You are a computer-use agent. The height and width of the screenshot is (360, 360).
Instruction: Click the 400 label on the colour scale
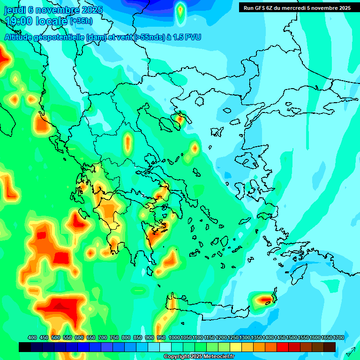tap(32, 337)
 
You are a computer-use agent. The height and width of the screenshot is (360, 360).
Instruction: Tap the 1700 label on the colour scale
tap(338, 337)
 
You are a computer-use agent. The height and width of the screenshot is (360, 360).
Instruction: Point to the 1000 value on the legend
tap(174, 337)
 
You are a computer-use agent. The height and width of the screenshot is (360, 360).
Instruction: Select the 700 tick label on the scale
tap(102, 337)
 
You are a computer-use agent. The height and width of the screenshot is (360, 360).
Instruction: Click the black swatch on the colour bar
tap(25, 347)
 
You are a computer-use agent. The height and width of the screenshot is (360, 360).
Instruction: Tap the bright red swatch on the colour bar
tap(283, 347)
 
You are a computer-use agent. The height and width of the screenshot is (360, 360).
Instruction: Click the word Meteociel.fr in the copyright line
tap(219, 357)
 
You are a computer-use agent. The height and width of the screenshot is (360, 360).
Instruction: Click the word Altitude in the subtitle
tap(19, 37)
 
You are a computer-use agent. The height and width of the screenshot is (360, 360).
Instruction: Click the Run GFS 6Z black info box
tap(296, 7)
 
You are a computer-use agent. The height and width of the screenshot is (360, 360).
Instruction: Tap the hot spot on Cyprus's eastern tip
tap(265, 298)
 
